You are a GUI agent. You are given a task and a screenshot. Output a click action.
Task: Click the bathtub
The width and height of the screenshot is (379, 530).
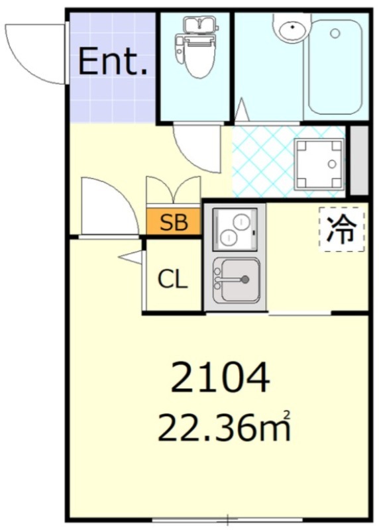tap(335, 68)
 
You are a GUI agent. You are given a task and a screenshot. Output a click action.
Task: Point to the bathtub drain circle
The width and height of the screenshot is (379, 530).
tap(335, 33)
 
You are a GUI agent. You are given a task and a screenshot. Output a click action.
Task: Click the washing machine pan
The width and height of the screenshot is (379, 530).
tap(319, 164)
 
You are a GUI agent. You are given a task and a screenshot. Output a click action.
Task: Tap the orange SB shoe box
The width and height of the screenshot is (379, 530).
tap(174, 222)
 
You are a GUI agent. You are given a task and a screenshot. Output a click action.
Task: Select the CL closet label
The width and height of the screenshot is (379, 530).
tap(173, 280)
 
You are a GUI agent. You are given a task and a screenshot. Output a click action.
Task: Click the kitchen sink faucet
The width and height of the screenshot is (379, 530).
tap(232, 280)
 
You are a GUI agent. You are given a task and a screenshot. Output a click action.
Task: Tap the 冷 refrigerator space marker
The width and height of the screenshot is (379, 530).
tap(341, 229)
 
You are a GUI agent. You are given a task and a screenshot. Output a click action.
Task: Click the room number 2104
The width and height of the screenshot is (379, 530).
tap(221, 377)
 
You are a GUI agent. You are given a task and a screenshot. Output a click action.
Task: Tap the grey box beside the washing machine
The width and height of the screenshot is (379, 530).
tap(359, 160)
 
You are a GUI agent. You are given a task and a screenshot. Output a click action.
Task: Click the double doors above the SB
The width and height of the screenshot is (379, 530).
tap(174, 190)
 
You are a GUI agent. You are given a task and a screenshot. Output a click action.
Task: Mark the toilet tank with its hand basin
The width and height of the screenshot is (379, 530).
tap(199, 26)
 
